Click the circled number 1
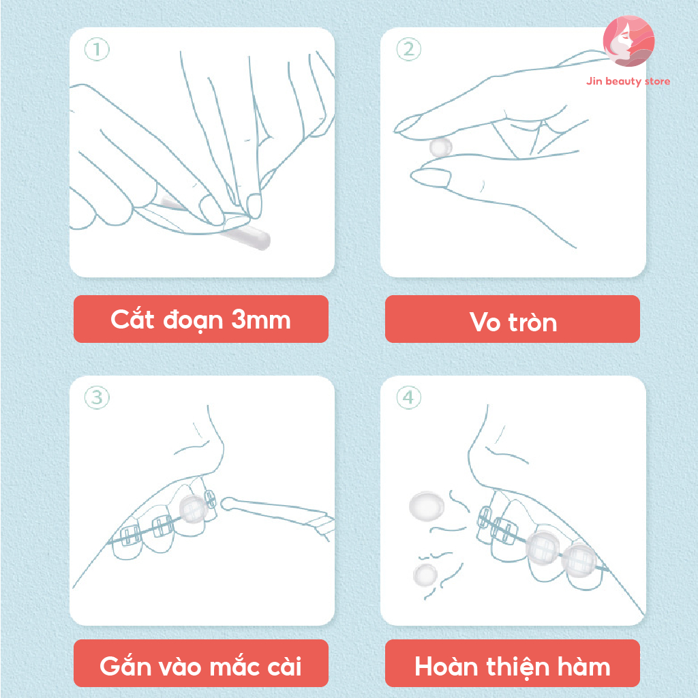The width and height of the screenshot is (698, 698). [97, 49]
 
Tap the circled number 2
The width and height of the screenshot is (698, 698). [409, 49]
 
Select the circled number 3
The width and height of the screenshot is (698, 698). [97, 397]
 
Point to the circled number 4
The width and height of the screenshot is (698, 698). [409, 397]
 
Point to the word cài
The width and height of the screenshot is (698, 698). [284, 666]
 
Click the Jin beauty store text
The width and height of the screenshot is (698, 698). [628, 81]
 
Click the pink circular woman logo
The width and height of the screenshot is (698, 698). [628, 41]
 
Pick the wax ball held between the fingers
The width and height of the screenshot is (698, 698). [440, 147]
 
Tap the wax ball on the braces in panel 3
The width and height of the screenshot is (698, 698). [193, 509]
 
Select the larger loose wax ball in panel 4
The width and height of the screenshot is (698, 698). [427, 506]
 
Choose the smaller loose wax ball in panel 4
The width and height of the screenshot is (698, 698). [425, 575]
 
